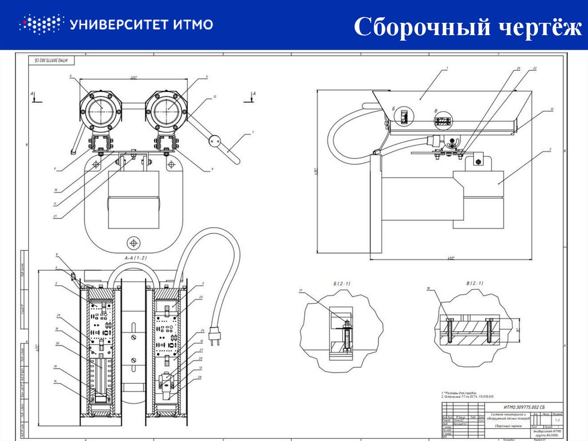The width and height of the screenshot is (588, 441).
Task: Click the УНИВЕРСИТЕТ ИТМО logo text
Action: (x=141, y=24)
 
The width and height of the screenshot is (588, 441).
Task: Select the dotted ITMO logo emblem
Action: (x=40, y=24)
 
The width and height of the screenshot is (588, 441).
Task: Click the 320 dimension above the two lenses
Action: (x=134, y=78)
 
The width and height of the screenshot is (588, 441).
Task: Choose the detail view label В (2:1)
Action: (x=475, y=283)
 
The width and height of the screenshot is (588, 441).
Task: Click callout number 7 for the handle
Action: (x=252, y=132)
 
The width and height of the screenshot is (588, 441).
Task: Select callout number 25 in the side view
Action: (x=518, y=68)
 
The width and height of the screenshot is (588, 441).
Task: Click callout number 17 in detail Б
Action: (x=300, y=291)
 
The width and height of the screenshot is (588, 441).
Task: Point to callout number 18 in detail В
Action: (x=428, y=287)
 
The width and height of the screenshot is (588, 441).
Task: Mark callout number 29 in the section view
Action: (x=59, y=316)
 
